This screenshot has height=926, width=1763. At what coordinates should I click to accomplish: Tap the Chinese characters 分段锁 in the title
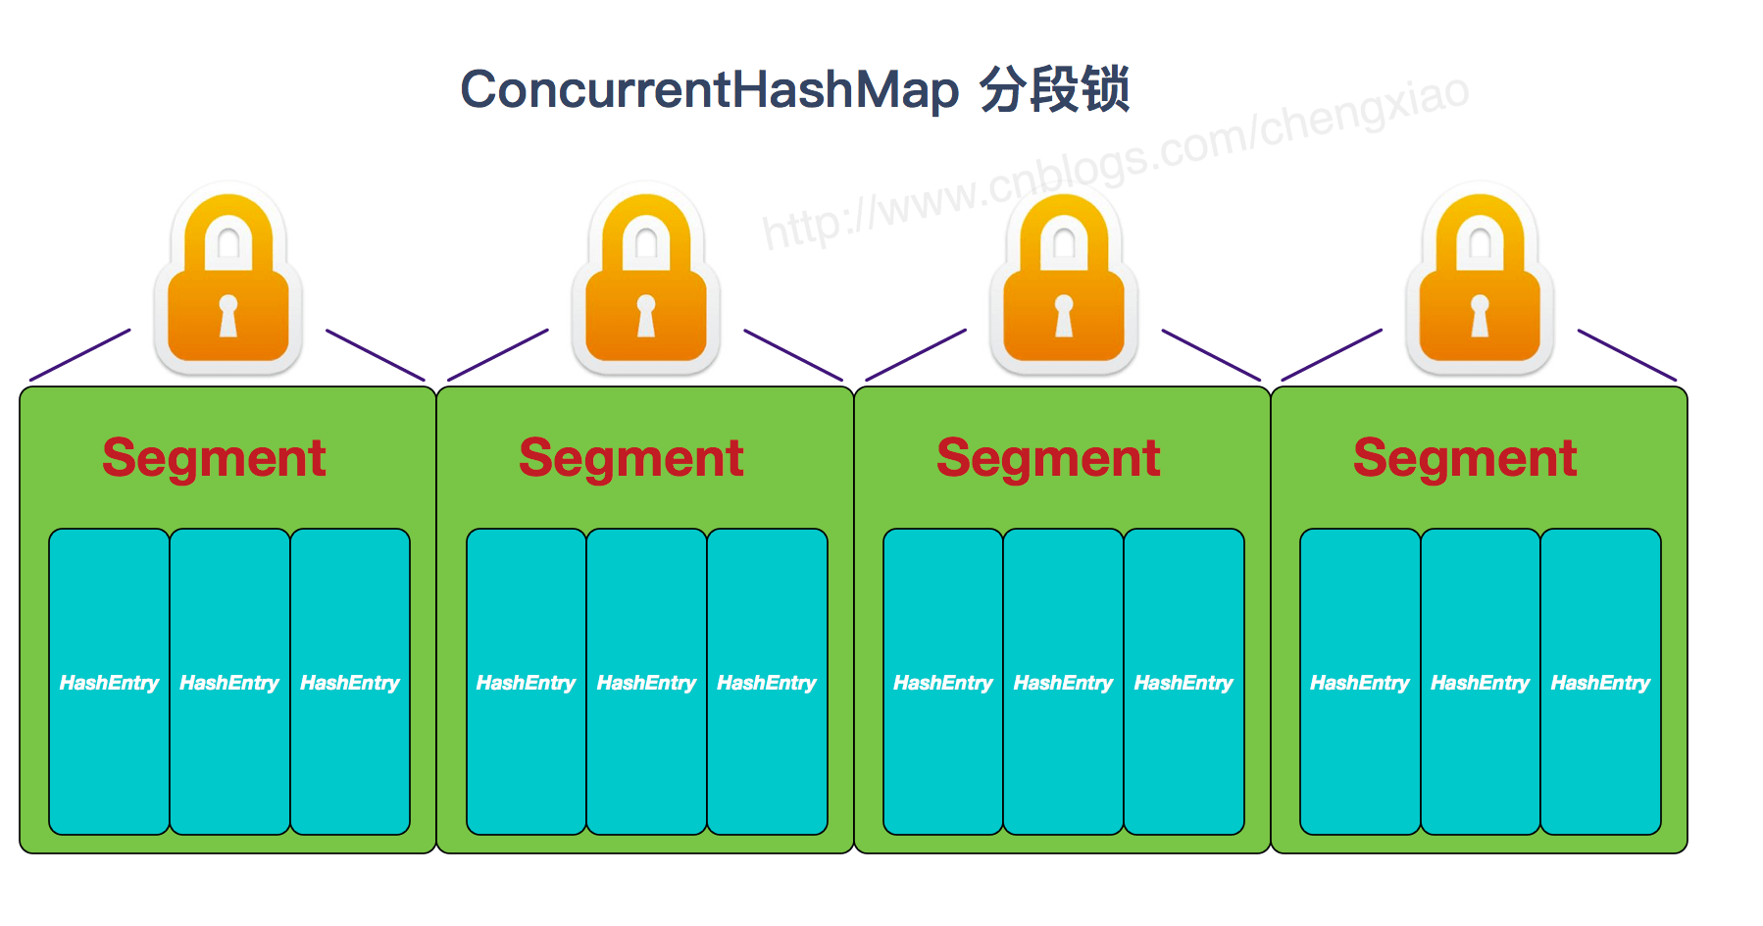(x=1054, y=90)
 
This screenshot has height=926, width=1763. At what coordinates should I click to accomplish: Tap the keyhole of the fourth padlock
(x=1480, y=315)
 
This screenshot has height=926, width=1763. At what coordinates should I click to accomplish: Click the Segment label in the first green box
(x=214, y=458)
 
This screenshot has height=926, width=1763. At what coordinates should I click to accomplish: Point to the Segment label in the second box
(x=630, y=458)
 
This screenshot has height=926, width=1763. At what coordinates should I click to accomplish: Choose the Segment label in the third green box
(x=1048, y=458)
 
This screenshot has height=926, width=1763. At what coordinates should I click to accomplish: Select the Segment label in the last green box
(x=1464, y=458)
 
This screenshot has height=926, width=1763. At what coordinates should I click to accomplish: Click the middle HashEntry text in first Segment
(x=229, y=683)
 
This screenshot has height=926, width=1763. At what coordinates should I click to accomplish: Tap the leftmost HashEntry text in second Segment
(x=526, y=683)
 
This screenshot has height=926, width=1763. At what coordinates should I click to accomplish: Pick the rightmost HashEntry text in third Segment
(x=1184, y=683)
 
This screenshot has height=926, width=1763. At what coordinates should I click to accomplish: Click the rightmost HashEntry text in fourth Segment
(x=1600, y=683)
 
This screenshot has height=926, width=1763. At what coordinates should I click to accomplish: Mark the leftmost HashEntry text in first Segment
(x=109, y=683)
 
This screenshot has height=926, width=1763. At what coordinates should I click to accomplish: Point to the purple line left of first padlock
(x=80, y=355)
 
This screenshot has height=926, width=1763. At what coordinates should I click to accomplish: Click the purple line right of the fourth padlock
(x=1627, y=355)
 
